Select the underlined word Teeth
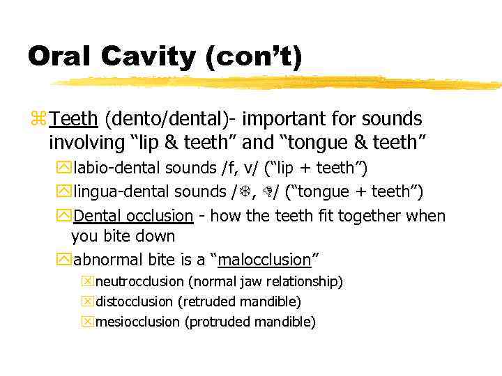coord(74,119)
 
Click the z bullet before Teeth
coord(38,119)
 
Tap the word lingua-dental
coord(119,191)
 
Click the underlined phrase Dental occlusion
coord(133,216)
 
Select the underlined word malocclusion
coord(264,260)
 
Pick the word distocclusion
coord(134,302)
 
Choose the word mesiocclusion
coord(137,322)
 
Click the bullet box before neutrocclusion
coord(87,282)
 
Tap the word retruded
coord(207,302)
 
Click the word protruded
coord(218,322)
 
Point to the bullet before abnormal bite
coord(63,260)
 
